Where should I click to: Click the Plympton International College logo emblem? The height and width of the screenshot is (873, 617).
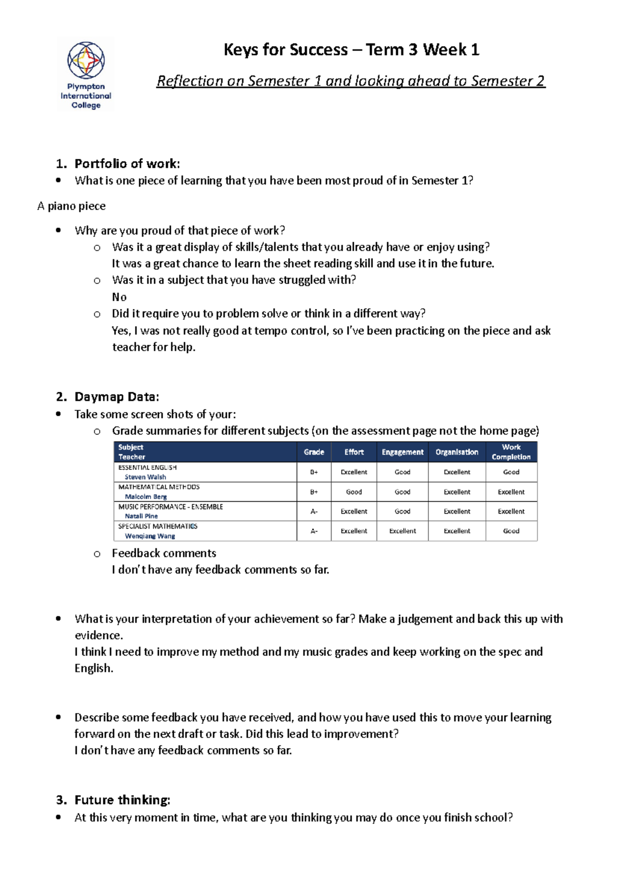tap(86, 60)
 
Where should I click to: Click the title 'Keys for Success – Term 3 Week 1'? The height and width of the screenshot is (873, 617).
tap(351, 50)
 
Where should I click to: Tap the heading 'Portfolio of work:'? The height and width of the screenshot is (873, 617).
tap(127, 163)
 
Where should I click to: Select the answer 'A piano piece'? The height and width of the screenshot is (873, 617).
tap(71, 206)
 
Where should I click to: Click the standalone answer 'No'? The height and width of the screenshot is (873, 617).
tap(119, 297)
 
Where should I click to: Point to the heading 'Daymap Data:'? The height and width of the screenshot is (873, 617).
tap(117, 397)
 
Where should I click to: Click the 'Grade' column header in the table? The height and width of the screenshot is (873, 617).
tap(314, 452)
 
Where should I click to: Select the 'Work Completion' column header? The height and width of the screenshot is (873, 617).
tap(511, 452)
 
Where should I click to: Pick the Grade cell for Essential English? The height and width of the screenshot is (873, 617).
tap(314, 472)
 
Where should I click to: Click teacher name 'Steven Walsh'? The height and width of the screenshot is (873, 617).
tap(146, 477)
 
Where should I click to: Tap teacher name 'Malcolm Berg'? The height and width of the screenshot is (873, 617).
tap(146, 497)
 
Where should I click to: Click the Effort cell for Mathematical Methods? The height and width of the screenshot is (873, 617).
tap(354, 492)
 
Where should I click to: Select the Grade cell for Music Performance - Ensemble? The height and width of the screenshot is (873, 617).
tap(314, 512)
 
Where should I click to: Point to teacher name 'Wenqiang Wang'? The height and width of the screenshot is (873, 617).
tap(150, 536)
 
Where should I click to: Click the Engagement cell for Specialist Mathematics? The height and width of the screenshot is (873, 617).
tap(403, 531)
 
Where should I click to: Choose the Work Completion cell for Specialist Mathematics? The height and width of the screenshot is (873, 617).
tap(511, 531)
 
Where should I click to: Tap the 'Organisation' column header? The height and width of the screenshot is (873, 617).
tap(457, 452)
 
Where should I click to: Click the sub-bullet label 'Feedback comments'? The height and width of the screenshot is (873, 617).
tap(164, 553)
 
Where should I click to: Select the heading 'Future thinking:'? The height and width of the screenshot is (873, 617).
tap(122, 800)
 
